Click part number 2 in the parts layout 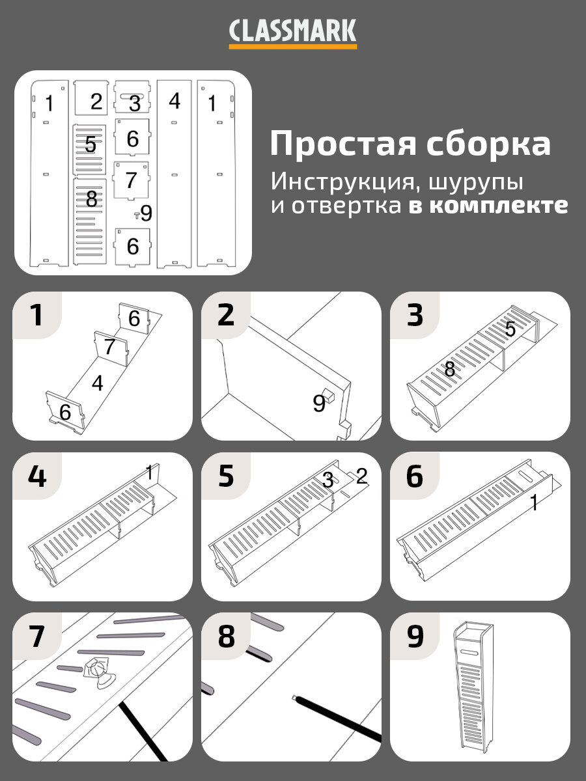coord(96,101)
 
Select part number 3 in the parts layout coord(134,103)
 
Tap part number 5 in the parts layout coord(90,144)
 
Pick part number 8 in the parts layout coord(91,199)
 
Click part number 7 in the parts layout coord(131,179)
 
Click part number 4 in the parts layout coord(174,101)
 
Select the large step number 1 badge coord(36,315)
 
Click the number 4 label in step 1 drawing coord(97,383)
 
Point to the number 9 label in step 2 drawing coord(318,404)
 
